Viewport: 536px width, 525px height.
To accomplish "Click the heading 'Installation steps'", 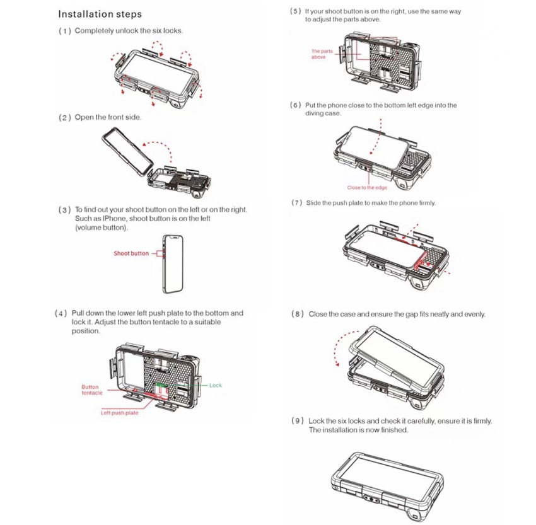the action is [x=100, y=14].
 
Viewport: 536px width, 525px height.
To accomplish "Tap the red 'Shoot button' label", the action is [x=131, y=253].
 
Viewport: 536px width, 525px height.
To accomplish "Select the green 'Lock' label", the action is [x=216, y=385].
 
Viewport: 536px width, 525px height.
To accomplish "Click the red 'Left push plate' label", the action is [x=119, y=413].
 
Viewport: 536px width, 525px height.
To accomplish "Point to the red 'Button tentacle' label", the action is [x=91, y=389].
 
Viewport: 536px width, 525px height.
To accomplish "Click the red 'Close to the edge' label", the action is [x=367, y=188].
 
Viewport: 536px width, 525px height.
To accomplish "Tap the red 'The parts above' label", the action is [x=322, y=54].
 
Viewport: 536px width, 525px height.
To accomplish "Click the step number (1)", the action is [x=65, y=31].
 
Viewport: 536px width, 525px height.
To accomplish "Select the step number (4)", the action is [x=61, y=313].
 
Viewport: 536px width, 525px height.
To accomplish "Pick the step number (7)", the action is [x=297, y=202].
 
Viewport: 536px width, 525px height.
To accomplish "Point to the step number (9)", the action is [x=298, y=421].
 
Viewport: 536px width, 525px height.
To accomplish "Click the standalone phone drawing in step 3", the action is [x=173, y=264].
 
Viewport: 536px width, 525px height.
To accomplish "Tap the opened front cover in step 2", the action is [x=127, y=152].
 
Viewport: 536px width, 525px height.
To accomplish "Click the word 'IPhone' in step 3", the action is [x=114, y=219].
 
